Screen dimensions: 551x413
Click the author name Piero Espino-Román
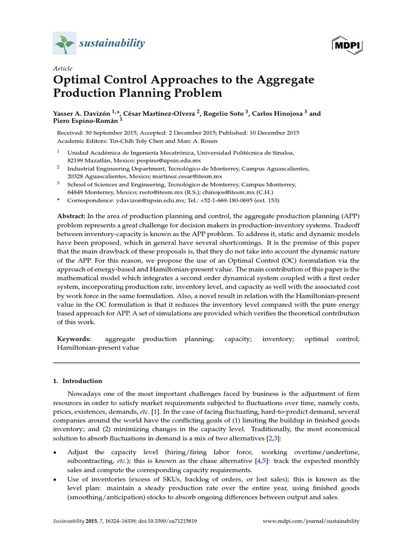77,122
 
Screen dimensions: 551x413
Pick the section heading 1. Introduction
77,380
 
